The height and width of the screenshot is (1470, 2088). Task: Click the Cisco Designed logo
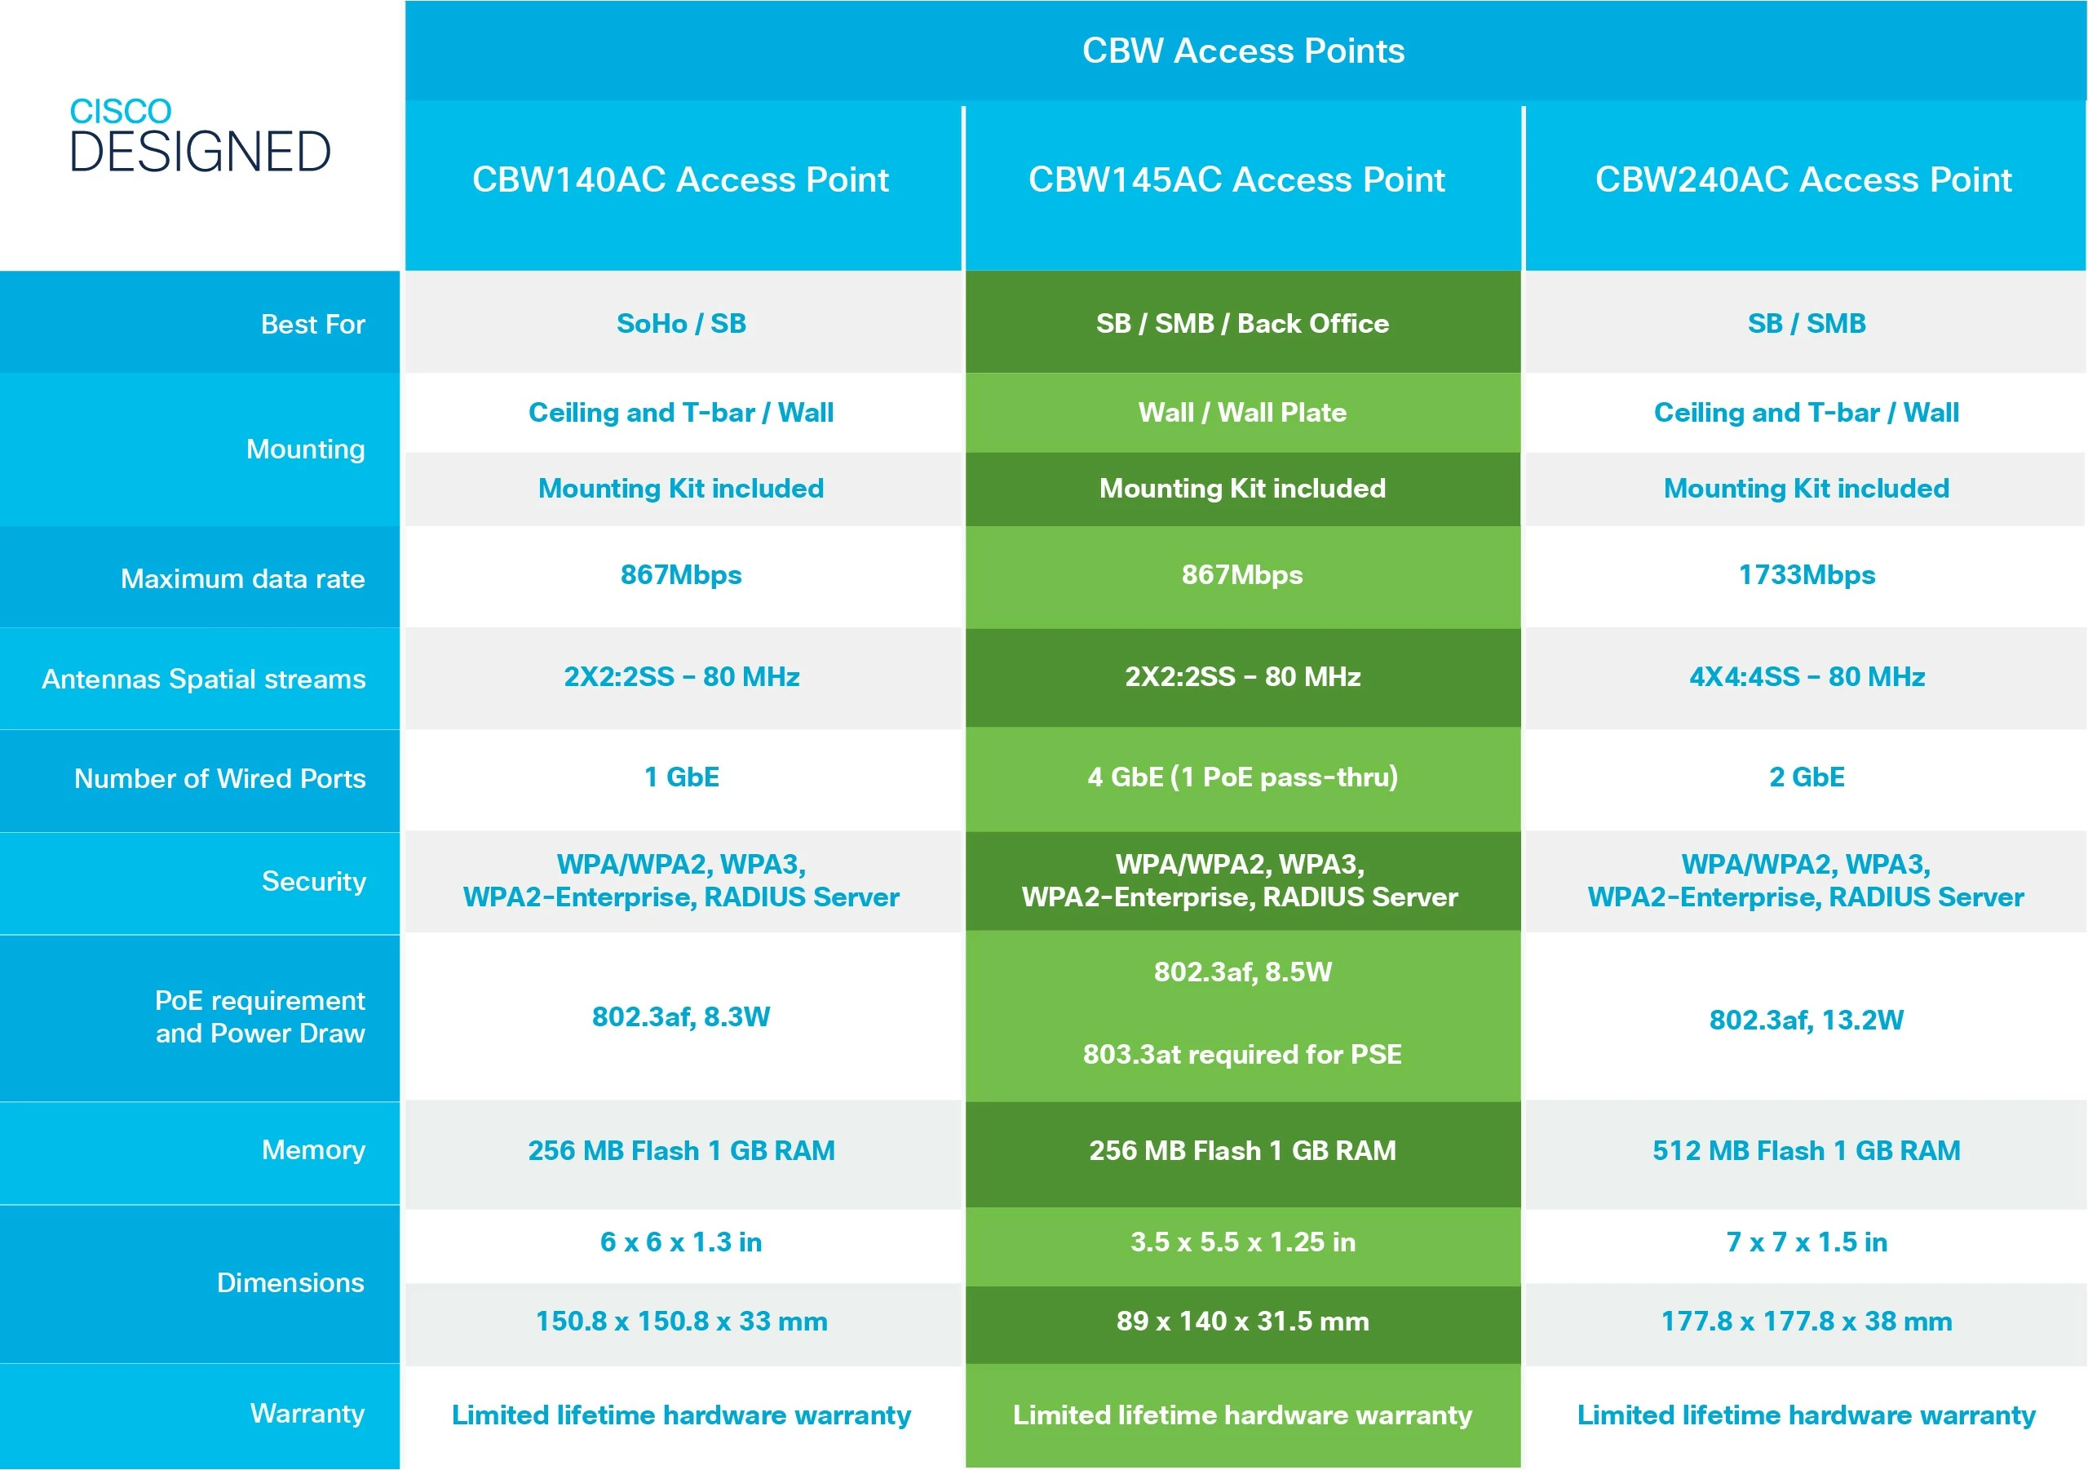coord(200,135)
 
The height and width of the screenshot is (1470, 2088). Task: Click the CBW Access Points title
coord(1242,51)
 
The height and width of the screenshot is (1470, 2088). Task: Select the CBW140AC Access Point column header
coord(680,180)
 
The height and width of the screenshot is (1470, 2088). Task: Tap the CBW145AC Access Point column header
coord(1236,180)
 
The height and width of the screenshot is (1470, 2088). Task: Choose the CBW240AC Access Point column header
coord(1803,180)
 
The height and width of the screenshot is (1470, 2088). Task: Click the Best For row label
coord(313,325)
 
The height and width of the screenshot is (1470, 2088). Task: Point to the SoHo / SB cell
coord(681,324)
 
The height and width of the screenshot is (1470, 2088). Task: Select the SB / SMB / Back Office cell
coord(1242,324)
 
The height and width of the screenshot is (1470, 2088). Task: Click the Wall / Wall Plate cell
coord(1242,413)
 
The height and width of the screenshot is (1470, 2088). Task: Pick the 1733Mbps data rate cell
coord(1806,575)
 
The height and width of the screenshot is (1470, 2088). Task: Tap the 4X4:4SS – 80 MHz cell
coord(1806,677)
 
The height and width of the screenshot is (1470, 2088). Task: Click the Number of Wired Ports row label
coord(220,779)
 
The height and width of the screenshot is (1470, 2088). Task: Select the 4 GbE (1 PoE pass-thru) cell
coord(1242,777)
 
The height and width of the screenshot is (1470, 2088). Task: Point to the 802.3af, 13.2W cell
coord(1806,1020)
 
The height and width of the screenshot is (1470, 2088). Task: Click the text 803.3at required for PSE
coord(1242,1054)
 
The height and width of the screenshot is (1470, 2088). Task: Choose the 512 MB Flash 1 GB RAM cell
coord(1806,1151)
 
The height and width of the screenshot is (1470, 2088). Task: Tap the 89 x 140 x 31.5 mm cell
coord(1242,1321)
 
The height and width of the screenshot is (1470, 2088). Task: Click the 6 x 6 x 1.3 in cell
coord(681,1242)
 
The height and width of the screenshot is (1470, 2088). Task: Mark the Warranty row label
coord(307,1414)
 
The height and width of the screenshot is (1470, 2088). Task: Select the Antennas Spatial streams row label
coord(204,680)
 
